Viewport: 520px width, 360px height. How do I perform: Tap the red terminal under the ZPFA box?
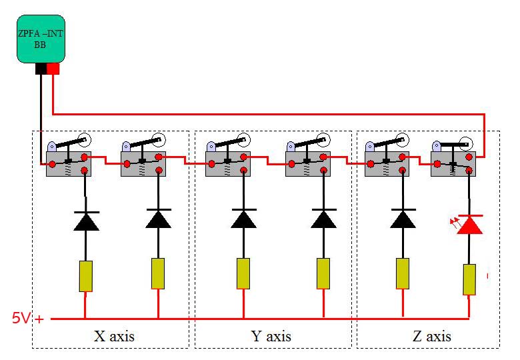pyautogui.click(x=53, y=69)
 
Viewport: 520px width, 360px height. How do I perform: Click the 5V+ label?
pyautogui.click(x=27, y=319)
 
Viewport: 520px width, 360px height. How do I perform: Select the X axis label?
pyautogui.click(x=114, y=335)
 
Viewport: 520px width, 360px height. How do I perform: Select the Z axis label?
pyautogui.click(x=431, y=335)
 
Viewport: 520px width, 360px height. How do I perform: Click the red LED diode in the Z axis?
pyautogui.click(x=470, y=225)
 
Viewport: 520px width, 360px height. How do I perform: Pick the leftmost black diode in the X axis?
pyautogui.click(x=86, y=221)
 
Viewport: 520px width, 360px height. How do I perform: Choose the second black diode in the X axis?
pyautogui.click(x=158, y=219)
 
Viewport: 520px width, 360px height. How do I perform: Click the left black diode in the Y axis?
pyautogui.click(x=243, y=219)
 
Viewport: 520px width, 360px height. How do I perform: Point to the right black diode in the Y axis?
pyautogui.click(x=323, y=219)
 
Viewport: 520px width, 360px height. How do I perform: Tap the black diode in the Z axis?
pyautogui.click(x=403, y=219)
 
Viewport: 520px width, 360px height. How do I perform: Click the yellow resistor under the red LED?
pyautogui.click(x=470, y=279)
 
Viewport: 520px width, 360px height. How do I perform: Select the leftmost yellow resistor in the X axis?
pyautogui.click(x=85, y=276)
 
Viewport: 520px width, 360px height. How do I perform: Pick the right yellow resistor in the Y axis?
pyautogui.click(x=323, y=273)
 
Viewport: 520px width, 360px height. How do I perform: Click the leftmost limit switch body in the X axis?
pyautogui.click(x=68, y=164)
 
